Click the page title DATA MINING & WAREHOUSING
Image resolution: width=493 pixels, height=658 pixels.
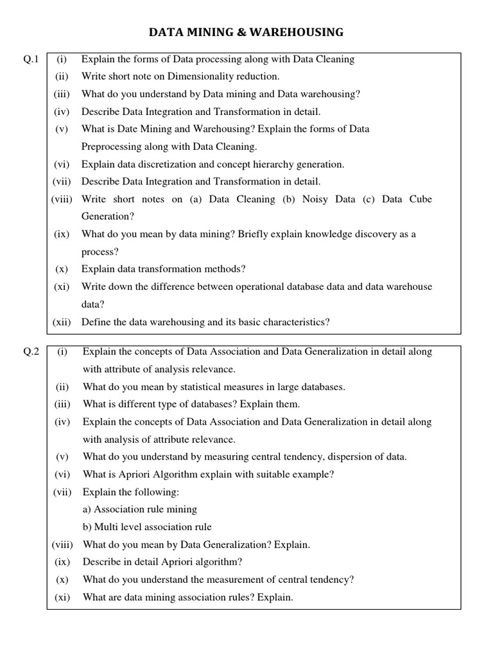click(246, 31)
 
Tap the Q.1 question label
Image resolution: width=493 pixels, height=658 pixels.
click(31, 60)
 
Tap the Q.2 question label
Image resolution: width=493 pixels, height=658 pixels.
click(31, 352)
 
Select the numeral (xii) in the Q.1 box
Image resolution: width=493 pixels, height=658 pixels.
click(62, 322)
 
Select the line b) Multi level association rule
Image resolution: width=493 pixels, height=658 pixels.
click(147, 527)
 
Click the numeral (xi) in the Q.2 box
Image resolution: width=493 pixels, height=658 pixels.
click(62, 597)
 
